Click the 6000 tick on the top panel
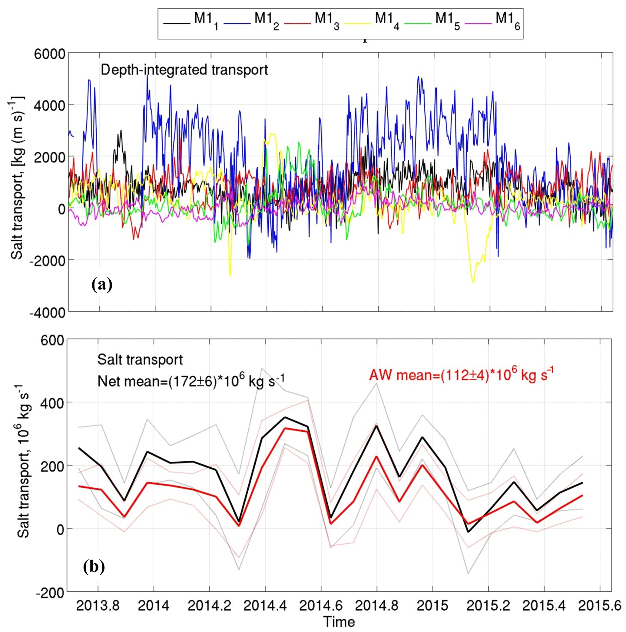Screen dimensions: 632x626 [x=50, y=54]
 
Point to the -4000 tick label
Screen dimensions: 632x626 [x=48, y=312]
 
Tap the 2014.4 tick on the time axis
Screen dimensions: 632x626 [x=265, y=606]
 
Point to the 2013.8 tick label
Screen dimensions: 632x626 [x=98, y=606]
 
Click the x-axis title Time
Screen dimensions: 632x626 [x=339, y=622]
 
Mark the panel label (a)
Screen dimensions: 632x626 [x=102, y=284]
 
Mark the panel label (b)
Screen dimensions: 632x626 [x=94, y=566]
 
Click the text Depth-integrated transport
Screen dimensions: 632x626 [x=184, y=70]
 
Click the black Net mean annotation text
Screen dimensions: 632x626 [x=191, y=381]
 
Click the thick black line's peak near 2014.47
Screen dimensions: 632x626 [x=285, y=417]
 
